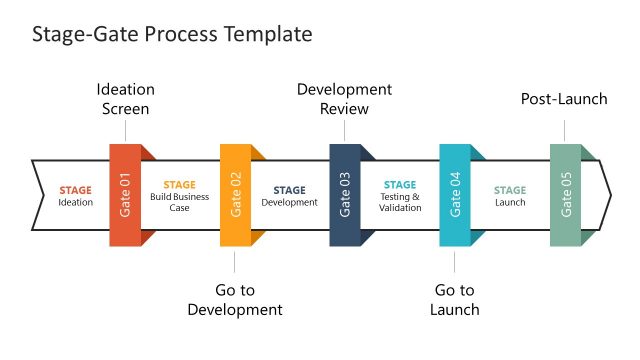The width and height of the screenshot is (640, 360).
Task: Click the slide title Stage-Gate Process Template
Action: (x=172, y=34)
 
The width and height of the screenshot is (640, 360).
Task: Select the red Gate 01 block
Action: (x=125, y=195)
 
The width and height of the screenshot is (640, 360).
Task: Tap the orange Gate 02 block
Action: (x=235, y=195)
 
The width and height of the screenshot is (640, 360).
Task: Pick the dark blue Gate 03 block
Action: (x=345, y=195)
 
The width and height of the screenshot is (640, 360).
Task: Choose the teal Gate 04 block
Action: (x=455, y=195)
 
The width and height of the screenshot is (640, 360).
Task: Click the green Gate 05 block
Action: (x=565, y=195)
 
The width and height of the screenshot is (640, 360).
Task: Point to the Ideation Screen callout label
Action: (x=125, y=99)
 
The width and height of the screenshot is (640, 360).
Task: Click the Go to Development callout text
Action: (x=235, y=299)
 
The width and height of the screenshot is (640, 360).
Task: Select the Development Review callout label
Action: (x=345, y=99)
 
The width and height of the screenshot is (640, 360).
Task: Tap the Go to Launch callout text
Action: (x=455, y=299)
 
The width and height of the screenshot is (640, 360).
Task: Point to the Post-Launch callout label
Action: (x=565, y=99)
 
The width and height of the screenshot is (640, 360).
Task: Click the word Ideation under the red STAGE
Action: (x=75, y=203)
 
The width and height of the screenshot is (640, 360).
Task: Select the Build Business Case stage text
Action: (x=179, y=202)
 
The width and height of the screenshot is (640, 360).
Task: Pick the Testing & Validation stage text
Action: (x=400, y=202)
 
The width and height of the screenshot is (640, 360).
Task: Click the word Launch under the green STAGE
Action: (x=510, y=203)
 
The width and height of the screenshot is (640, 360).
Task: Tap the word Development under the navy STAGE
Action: (x=289, y=203)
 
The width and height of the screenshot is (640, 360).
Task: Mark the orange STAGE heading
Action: (x=179, y=185)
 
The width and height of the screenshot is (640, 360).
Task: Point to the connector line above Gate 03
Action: (x=345, y=131)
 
